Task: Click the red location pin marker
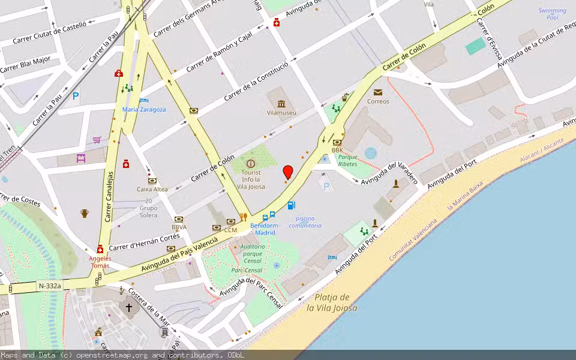288,172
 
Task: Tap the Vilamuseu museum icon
281,103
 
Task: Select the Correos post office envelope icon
378,92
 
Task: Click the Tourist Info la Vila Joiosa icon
251,163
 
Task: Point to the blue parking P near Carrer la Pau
76,95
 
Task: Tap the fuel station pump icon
292,205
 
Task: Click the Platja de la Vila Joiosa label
332,302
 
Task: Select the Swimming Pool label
553,14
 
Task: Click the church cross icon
128,307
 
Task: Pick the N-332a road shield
49,286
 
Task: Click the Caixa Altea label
152,189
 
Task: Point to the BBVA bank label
179,227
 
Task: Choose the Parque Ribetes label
347,160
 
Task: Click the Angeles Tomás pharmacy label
100,262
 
